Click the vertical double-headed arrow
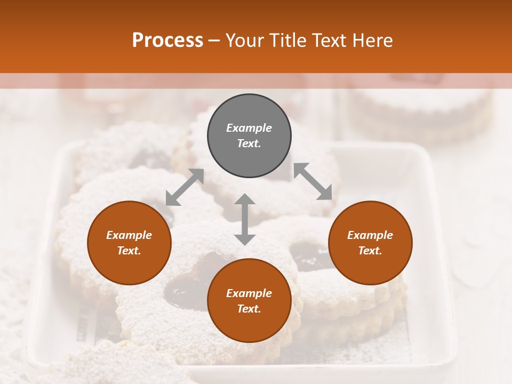[245, 219]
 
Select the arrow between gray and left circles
[185, 187]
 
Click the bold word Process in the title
[167, 41]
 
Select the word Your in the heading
[245, 41]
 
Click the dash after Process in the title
[214, 41]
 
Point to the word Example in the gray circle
[249, 128]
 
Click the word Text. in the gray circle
[249, 143]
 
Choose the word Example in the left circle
[129, 235]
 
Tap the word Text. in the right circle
[370, 251]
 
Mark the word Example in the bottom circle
[249, 293]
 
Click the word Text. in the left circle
[129, 251]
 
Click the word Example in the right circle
[370, 235]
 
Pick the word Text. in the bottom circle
[249, 309]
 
